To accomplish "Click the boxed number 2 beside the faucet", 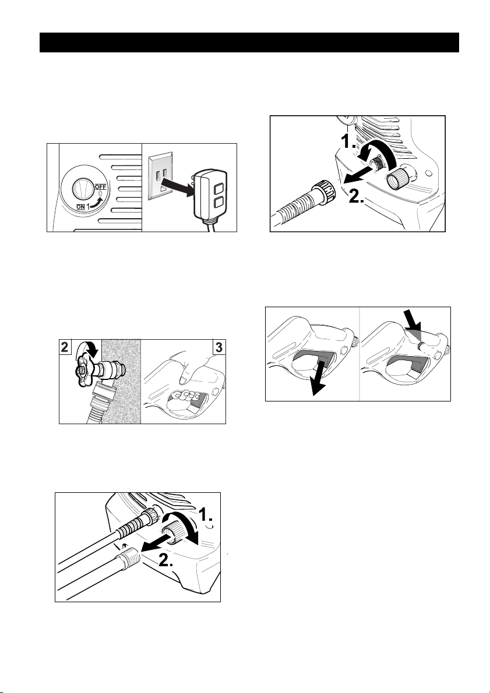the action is [x=66, y=347].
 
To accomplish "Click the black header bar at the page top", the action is [x=249, y=42].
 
